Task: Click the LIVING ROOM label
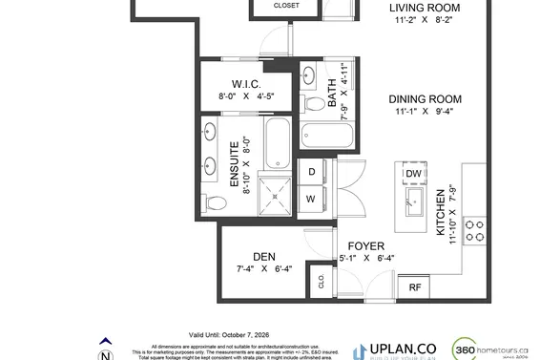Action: tap(425, 10)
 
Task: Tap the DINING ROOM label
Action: tap(425, 99)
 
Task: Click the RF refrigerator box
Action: tap(415, 286)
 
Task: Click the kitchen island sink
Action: tap(414, 199)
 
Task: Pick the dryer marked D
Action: tap(311, 172)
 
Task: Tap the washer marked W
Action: tap(311, 198)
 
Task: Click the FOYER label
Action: tap(365, 245)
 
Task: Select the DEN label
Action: tap(264, 256)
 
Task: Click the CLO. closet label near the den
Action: tap(321, 280)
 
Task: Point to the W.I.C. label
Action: tap(246, 83)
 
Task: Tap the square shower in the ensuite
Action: tap(277, 196)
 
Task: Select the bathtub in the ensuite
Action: tap(277, 141)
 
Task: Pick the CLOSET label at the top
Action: tap(285, 6)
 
